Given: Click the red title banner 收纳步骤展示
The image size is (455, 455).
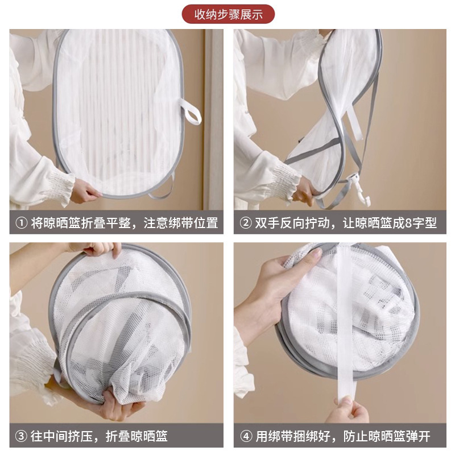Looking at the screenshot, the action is pyautogui.click(x=228, y=14).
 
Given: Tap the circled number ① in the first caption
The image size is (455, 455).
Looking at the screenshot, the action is pyautogui.click(x=21, y=223).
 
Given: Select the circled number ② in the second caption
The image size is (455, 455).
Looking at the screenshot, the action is pyautogui.click(x=246, y=223).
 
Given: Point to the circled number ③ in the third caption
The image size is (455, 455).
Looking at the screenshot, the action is pyautogui.click(x=21, y=436).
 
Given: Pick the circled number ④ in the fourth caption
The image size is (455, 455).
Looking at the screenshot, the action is pyautogui.click(x=246, y=436).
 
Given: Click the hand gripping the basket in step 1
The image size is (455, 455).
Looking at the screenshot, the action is pyautogui.click(x=84, y=190).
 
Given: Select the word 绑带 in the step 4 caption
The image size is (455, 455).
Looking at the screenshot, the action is pyautogui.click(x=281, y=436).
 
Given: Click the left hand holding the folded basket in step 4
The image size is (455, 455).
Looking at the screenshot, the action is pyautogui.click(x=267, y=293).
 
